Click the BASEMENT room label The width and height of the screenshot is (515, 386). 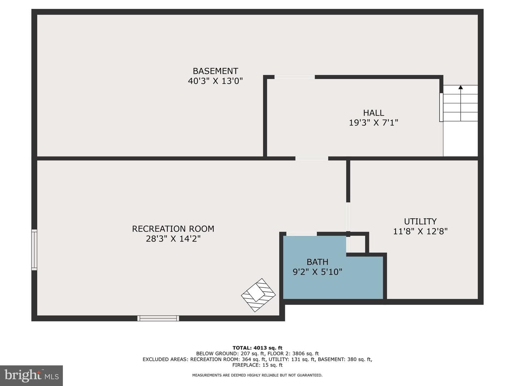(215, 71)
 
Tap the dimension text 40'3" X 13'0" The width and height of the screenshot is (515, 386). (215, 81)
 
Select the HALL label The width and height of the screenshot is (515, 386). (373, 113)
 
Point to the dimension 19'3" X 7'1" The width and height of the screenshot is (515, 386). (373, 123)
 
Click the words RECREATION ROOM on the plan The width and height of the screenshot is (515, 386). (173, 229)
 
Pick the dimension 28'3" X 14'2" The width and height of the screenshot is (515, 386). (173, 239)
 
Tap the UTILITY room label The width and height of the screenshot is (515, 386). (420, 221)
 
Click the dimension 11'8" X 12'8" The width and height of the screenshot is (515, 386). (420, 231)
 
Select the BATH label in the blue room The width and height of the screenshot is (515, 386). (318, 262)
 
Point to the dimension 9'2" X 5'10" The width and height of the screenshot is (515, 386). (318, 272)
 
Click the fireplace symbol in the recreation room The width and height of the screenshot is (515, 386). (258, 295)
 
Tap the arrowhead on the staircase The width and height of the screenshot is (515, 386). (461, 87)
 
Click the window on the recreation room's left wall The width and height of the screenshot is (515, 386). (34, 249)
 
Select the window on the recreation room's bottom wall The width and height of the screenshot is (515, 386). (158, 318)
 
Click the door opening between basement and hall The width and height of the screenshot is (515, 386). (294, 77)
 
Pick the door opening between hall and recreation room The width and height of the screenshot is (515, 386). (312, 158)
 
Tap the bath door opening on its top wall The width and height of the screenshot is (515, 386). (301, 234)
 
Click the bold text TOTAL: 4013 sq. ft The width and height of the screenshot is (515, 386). (257, 348)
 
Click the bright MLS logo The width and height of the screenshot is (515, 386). (31, 376)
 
